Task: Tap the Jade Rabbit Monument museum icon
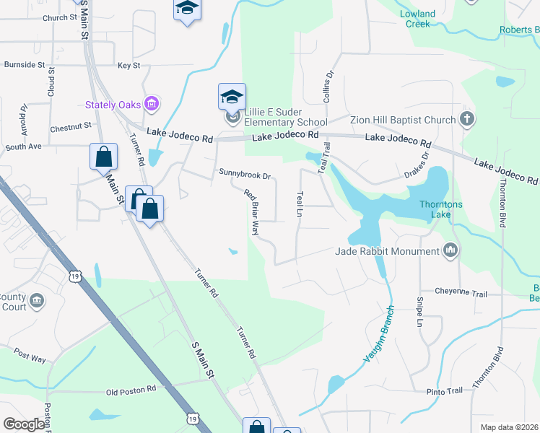(451, 250)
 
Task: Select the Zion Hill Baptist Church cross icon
(467, 119)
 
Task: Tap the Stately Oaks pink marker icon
(151, 104)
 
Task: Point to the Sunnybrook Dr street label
(245, 175)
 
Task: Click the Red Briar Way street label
(251, 212)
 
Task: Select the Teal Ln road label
(299, 204)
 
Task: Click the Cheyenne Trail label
(461, 293)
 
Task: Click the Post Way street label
(30, 357)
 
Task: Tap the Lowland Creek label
(418, 19)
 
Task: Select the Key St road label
(129, 66)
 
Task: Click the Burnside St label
(25, 64)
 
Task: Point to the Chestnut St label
(71, 127)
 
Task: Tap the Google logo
(24, 424)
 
